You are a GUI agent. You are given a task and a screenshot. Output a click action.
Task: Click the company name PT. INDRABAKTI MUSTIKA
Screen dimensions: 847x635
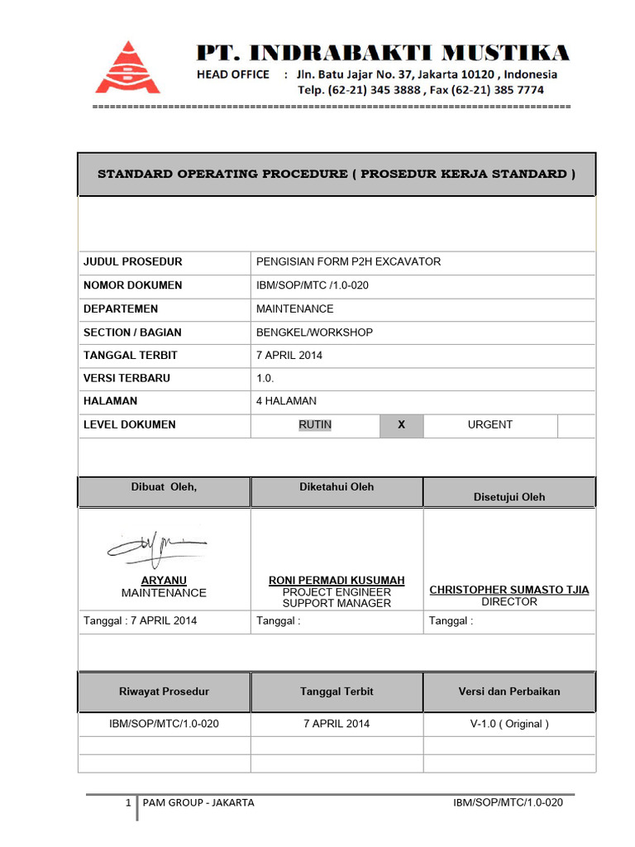(x=382, y=54)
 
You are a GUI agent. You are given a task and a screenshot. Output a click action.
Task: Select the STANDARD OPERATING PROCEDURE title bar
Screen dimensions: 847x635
(x=337, y=175)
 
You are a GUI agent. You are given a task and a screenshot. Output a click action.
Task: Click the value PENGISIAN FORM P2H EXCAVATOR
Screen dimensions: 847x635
(x=349, y=261)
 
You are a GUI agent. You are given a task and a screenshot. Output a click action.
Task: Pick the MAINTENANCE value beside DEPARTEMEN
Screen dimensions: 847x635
(x=295, y=309)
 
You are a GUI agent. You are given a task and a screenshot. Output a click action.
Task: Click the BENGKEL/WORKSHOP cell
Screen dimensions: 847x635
(x=314, y=333)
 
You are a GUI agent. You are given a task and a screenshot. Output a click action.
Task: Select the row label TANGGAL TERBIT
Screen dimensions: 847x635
(x=131, y=355)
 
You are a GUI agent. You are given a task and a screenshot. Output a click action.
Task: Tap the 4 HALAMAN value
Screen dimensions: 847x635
(x=286, y=401)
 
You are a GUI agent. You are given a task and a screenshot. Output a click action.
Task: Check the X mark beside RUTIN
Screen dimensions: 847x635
(x=401, y=425)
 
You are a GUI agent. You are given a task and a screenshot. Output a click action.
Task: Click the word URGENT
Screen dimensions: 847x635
(x=490, y=424)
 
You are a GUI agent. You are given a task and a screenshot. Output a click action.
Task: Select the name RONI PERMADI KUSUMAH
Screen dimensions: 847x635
(x=337, y=581)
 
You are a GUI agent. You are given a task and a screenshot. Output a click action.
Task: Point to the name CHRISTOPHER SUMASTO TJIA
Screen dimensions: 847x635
(x=509, y=590)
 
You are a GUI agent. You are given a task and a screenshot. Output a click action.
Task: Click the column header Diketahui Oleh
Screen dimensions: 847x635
(x=337, y=487)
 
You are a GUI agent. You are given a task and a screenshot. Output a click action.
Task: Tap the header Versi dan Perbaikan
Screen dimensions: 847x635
(x=509, y=691)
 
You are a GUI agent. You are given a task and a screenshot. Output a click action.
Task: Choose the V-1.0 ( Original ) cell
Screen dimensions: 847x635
(x=509, y=724)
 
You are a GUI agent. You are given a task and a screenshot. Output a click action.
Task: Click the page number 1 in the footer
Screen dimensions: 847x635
(x=128, y=802)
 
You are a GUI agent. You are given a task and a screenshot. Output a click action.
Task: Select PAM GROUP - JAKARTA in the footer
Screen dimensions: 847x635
(x=198, y=802)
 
